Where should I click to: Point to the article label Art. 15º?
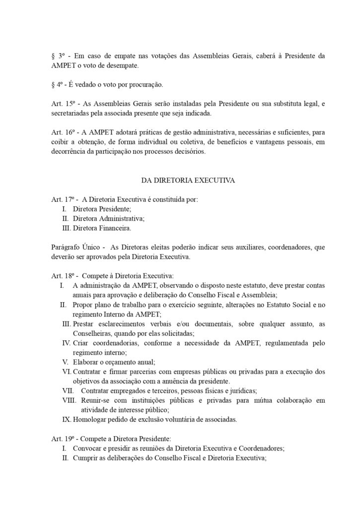[63, 104]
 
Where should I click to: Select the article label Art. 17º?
[63, 200]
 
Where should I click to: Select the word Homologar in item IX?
[90, 419]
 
